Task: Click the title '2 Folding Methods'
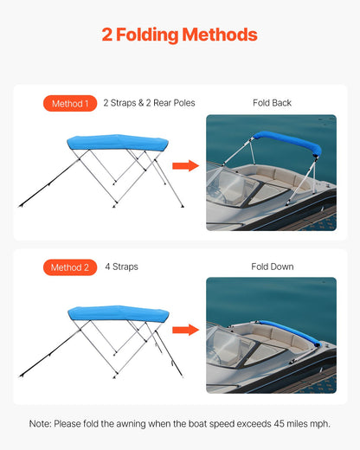tap(179, 35)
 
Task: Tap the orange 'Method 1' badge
tap(69, 103)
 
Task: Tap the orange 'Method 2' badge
tap(69, 267)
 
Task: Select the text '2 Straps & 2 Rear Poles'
tap(149, 103)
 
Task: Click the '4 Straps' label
tap(121, 267)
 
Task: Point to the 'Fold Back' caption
tap(272, 103)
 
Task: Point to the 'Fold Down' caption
tap(272, 267)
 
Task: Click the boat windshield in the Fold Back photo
tap(227, 186)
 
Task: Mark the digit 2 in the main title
tap(106, 35)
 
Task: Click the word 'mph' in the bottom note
tap(319, 423)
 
